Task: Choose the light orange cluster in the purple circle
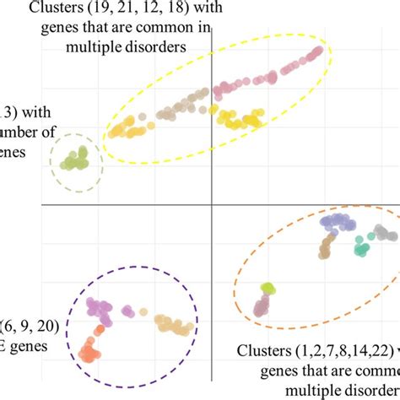coord(175,325)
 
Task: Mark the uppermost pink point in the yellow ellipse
coord(318,51)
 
